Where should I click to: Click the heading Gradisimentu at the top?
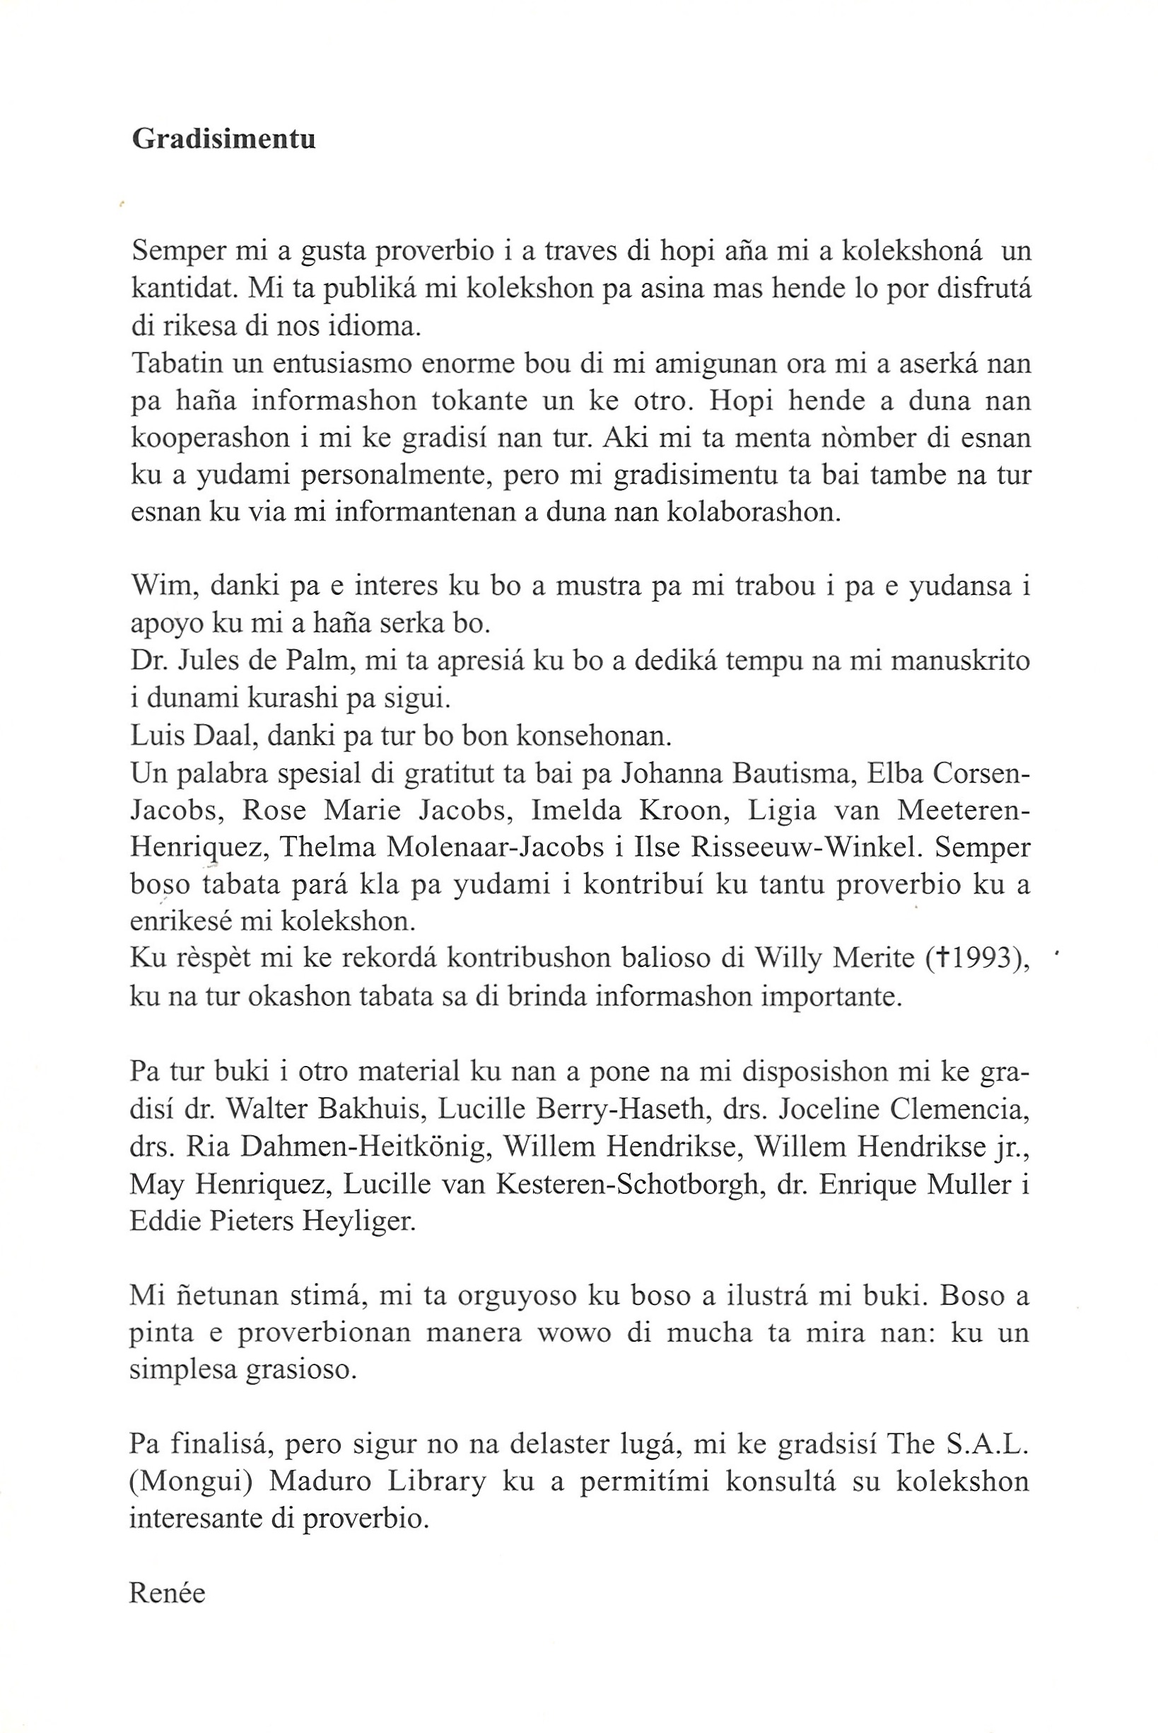224,139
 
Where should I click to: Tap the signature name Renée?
167,1593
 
